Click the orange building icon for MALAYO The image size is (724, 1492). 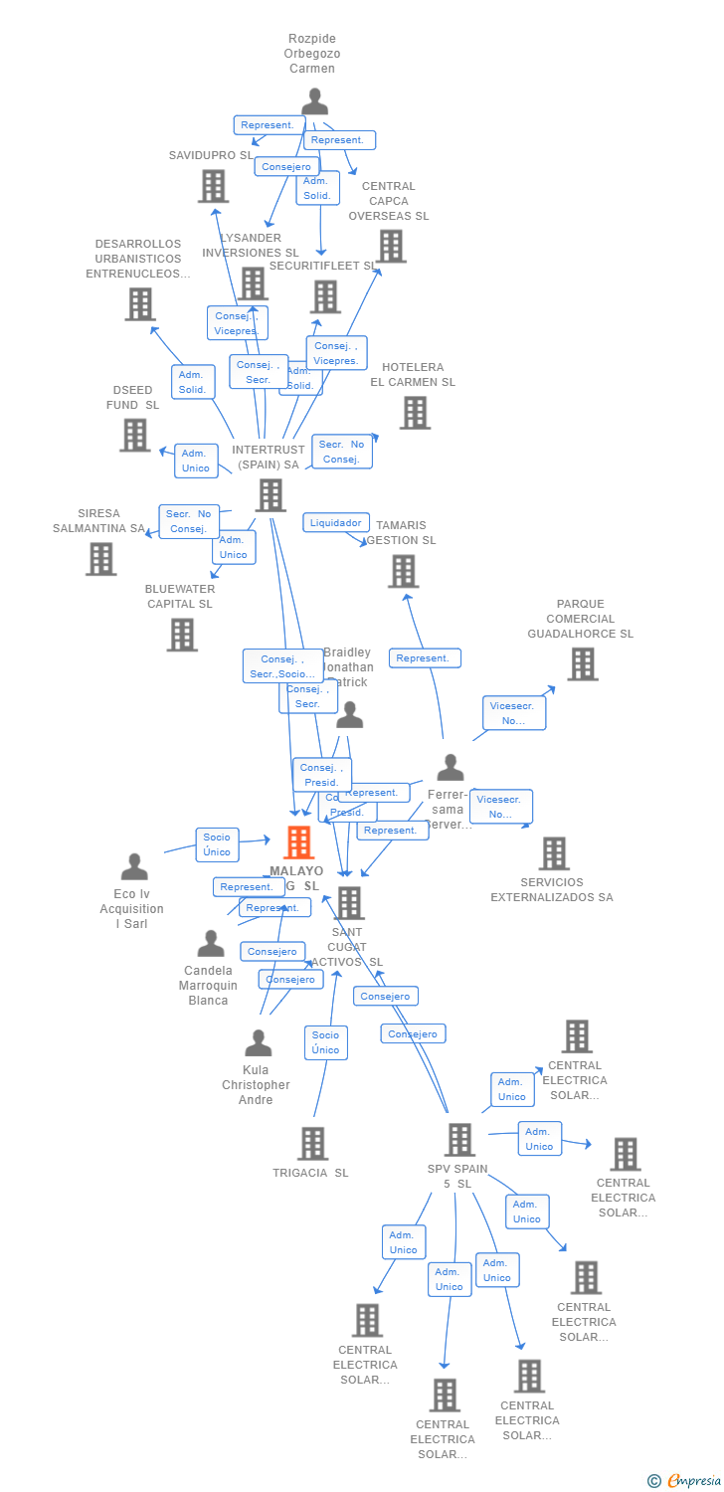pyautogui.click(x=298, y=842)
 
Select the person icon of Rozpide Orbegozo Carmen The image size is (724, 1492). pyautogui.click(x=314, y=101)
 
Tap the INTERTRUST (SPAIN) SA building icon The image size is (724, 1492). pyautogui.click(x=271, y=494)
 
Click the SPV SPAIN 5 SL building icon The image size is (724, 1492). pyautogui.click(x=459, y=1140)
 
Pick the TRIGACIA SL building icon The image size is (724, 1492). pyautogui.click(x=312, y=1144)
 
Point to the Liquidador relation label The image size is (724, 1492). pyautogui.click(x=336, y=523)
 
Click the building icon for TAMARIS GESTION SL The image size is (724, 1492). pyautogui.click(x=403, y=571)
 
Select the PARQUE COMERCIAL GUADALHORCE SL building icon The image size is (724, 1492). pyautogui.click(x=582, y=663)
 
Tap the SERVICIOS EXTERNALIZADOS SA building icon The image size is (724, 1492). pyautogui.click(x=554, y=853)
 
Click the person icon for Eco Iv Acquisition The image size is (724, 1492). pyautogui.click(x=133, y=866)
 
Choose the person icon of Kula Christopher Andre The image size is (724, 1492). pyautogui.click(x=258, y=1043)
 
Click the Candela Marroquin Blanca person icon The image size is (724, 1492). pyautogui.click(x=210, y=943)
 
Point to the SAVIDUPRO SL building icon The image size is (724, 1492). pyautogui.click(x=213, y=186)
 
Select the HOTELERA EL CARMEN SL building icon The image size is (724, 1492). pyautogui.click(x=415, y=412)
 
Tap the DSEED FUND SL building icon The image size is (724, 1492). pyautogui.click(x=134, y=435)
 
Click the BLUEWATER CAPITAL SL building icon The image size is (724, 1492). pyautogui.click(x=181, y=635)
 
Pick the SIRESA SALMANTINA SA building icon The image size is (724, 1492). pyautogui.click(x=100, y=559)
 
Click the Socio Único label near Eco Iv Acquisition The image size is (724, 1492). pyautogui.click(x=217, y=843)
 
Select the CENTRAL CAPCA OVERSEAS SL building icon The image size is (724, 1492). pyautogui.click(x=391, y=246)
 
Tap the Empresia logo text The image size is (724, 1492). pyautogui.click(x=693, y=1481)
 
